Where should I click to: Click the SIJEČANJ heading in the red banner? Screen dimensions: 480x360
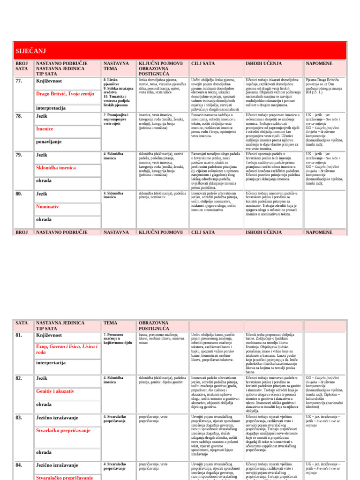point(30,51)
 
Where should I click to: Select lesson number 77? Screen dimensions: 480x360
point(19,81)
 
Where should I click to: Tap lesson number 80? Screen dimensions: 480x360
point(19,193)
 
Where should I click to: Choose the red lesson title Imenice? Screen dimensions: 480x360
point(45,128)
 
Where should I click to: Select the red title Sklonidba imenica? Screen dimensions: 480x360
point(56,167)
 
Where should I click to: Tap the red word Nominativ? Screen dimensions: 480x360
point(48,206)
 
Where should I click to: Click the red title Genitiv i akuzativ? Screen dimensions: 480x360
point(55,391)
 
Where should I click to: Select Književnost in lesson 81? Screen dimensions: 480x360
point(49,335)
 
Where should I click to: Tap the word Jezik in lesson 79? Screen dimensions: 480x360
point(42,154)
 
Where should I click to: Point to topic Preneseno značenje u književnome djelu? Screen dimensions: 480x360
point(118,339)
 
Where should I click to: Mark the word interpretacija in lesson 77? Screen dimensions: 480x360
point(51,108)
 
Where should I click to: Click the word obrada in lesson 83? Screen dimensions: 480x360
point(44,452)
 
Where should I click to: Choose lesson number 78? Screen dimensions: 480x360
point(19,115)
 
